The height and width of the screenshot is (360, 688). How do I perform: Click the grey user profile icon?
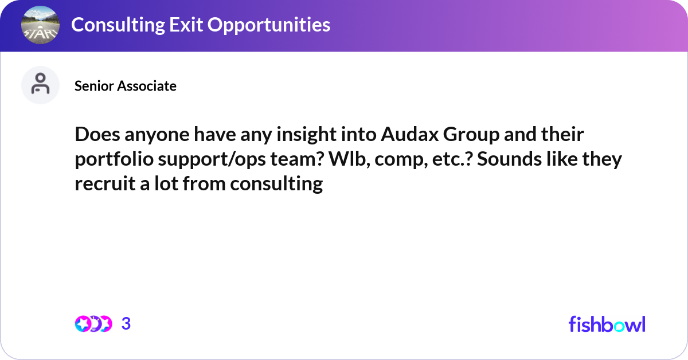(40, 85)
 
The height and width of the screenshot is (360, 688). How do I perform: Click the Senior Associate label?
(126, 86)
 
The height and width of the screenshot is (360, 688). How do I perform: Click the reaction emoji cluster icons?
(93, 324)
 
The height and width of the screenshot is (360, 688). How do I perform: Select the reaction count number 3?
(126, 324)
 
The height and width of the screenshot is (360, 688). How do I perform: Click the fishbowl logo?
(607, 324)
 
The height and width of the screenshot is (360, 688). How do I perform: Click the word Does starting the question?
(96, 135)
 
